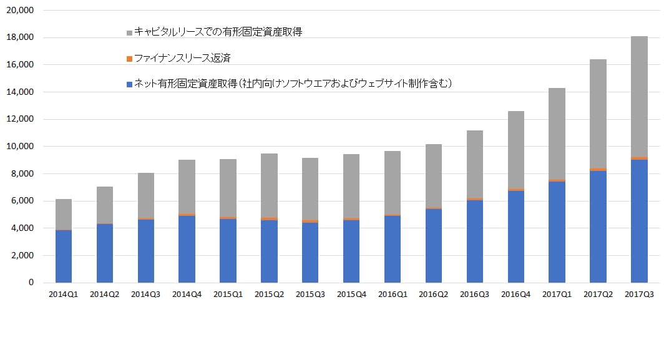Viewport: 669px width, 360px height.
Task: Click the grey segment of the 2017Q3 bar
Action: [x=639, y=97]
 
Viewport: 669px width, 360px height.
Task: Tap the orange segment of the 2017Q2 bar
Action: [x=598, y=169]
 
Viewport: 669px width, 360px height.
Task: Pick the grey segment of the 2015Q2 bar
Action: [x=269, y=185]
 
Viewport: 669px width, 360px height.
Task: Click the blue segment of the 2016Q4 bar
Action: [x=515, y=236]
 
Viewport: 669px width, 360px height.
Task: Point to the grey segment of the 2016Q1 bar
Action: [x=393, y=183]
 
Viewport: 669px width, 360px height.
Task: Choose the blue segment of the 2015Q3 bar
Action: [x=310, y=253]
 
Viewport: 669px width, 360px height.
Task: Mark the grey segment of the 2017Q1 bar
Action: [x=557, y=134]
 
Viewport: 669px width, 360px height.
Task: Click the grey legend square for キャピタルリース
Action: [x=129, y=32]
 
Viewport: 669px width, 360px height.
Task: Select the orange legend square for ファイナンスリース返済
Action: [x=129, y=59]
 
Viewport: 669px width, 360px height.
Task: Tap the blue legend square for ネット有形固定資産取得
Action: [x=129, y=84]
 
